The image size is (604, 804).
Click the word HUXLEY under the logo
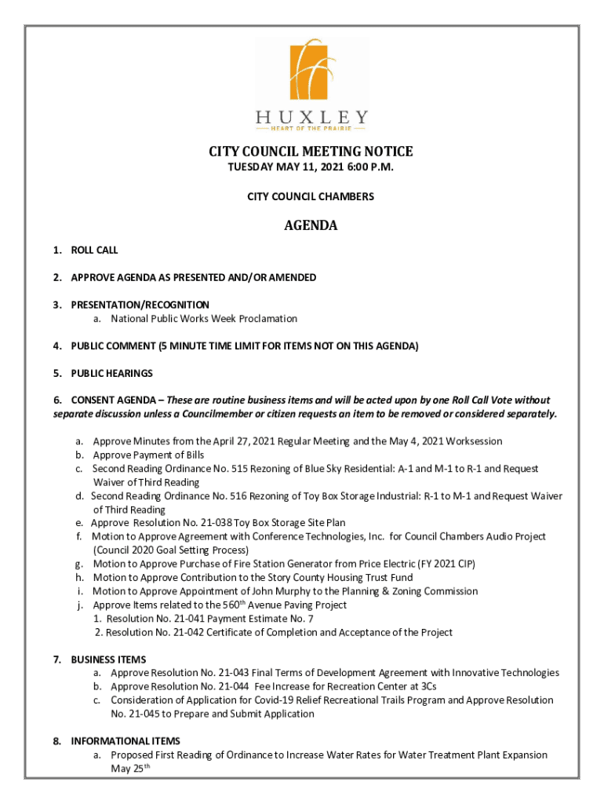click(311, 118)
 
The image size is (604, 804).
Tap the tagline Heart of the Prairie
click(311, 128)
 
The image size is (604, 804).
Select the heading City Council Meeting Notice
click(310, 152)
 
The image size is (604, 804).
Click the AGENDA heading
click(311, 226)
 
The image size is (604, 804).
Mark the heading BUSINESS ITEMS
click(108, 660)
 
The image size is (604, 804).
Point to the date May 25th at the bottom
click(130, 769)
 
